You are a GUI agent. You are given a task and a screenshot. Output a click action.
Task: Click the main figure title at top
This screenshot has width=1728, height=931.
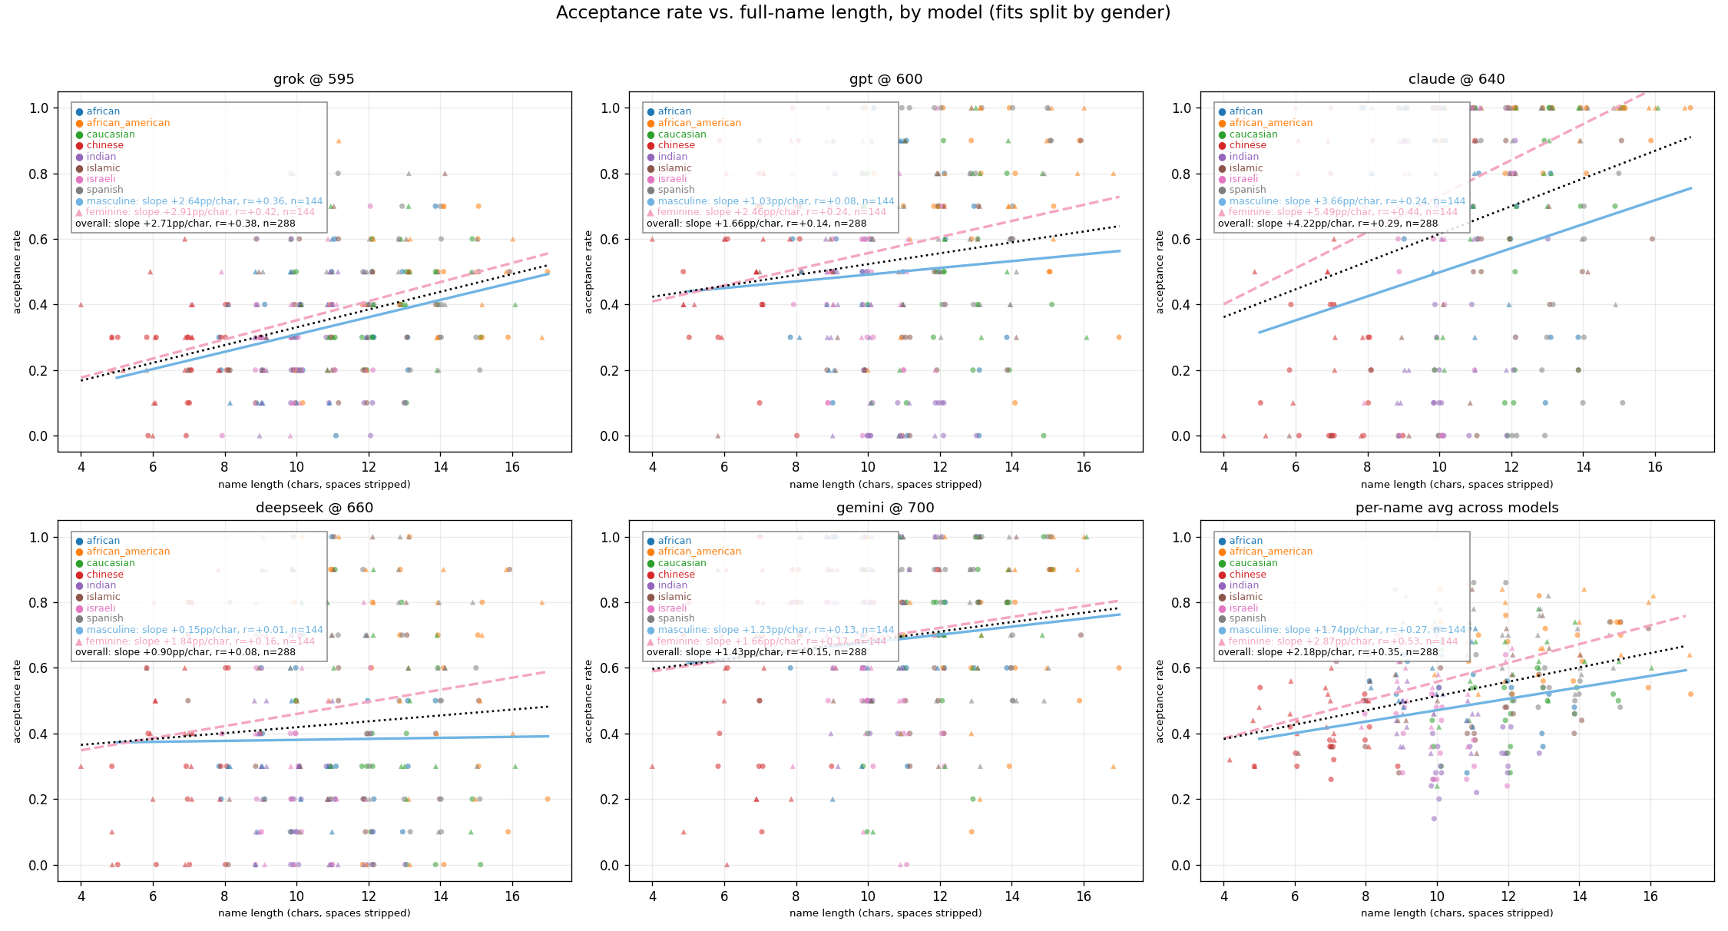(863, 13)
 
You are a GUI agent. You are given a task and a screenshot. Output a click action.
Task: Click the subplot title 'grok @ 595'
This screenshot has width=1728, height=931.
(313, 79)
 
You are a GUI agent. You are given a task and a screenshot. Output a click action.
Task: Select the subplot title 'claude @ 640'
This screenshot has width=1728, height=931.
(1456, 79)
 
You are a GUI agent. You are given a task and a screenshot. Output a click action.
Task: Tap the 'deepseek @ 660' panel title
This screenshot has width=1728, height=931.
(313, 508)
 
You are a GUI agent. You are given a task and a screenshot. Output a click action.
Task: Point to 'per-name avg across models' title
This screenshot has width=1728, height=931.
(1456, 508)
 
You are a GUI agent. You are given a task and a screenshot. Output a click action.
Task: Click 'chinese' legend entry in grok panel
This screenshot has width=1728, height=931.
(104, 145)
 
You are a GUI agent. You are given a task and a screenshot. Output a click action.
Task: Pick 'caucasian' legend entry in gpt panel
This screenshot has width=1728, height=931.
(681, 134)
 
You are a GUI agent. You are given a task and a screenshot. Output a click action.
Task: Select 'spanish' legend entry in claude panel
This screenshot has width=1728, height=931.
(1247, 190)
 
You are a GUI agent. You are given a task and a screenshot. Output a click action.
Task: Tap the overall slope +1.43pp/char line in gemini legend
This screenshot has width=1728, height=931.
(756, 652)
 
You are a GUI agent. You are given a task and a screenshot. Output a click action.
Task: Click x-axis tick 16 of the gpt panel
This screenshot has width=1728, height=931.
(1083, 466)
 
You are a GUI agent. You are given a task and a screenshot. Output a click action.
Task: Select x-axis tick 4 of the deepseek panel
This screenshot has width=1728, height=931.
(81, 896)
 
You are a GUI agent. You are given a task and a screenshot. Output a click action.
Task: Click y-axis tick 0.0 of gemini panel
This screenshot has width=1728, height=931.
(610, 866)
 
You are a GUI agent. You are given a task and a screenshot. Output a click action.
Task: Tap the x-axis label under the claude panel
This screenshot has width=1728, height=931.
(1456, 485)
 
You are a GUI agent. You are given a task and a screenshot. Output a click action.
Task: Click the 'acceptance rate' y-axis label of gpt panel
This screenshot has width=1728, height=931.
(589, 272)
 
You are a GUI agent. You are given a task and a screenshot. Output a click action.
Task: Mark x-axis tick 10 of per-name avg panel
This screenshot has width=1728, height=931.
(1436, 896)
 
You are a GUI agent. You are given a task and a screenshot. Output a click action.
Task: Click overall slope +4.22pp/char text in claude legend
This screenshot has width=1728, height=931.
(1327, 224)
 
